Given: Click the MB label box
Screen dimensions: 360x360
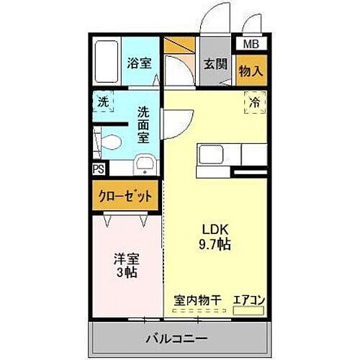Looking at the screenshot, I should pyautogui.click(x=251, y=44).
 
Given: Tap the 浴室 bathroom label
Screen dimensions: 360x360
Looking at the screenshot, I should pyautogui.click(x=140, y=64).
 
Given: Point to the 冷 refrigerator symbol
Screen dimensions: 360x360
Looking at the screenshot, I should pyautogui.click(x=254, y=102).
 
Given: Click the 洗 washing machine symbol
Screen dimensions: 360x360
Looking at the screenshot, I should pyautogui.click(x=104, y=102).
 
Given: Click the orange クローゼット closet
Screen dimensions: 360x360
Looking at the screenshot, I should pyautogui.click(x=124, y=194).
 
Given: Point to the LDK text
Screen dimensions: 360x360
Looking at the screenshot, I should pyautogui.click(x=214, y=232).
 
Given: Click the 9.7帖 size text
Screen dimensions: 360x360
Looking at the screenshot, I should pyautogui.click(x=214, y=245).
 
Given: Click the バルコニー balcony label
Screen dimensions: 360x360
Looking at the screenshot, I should pyautogui.click(x=178, y=338).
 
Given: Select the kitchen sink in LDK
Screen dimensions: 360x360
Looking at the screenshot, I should pyautogui.click(x=213, y=154).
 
